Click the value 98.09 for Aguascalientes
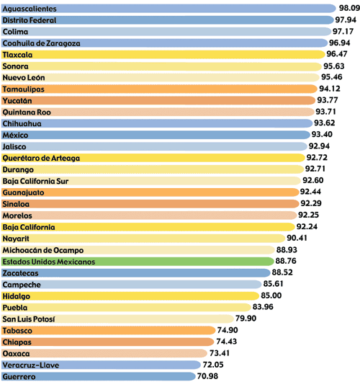click(349, 8)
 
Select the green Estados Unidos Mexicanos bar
click(138, 262)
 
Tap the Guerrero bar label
click(19, 377)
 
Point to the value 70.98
click(207, 376)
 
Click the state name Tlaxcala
click(17, 55)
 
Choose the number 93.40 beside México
click(322, 134)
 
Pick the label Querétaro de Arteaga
click(41, 159)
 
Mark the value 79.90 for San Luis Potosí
click(246, 319)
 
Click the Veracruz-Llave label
click(31, 365)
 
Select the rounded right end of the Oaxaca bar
click(207, 353)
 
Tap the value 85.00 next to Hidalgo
click(271, 296)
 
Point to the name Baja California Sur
click(35, 181)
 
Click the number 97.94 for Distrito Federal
click(346, 19)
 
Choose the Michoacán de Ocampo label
click(43, 250)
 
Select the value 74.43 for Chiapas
click(226, 342)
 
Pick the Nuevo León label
click(24, 78)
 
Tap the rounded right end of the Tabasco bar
click(215, 330)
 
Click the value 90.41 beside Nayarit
click(297, 238)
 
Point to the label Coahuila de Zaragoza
click(41, 43)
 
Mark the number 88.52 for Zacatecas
click(282, 272)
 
